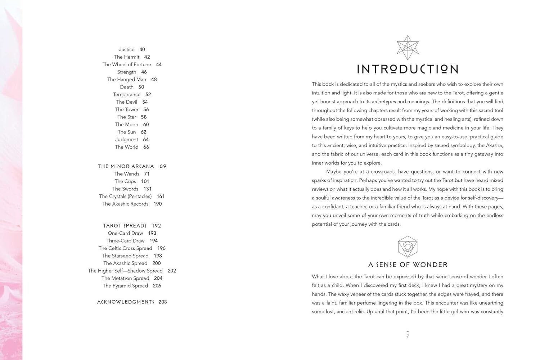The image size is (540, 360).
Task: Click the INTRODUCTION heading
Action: tap(408, 69)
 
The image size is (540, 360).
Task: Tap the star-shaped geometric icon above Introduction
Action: tap(408, 48)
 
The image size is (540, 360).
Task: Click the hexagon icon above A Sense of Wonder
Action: tap(408, 247)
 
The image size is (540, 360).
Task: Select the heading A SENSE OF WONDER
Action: tap(408, 265)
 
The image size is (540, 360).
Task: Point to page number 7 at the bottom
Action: tap(408, 336)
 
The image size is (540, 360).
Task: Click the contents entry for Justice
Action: tap(127, 50)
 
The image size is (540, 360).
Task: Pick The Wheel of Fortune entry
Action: tap(127, 64)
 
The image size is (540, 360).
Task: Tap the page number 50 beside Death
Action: tap(141, 87)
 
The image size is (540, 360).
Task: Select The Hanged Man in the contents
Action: tap(127, 80)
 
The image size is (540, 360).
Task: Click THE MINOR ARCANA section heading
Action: tap(126, 166)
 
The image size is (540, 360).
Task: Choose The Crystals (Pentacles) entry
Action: tap(125, 197)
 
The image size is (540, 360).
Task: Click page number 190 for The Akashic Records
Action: tap(158, 204)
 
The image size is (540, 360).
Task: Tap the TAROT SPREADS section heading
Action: tap(125, 226)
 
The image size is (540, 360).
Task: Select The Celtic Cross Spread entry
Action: tap(125, 248)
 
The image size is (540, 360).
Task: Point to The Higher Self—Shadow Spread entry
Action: tap(125, 271)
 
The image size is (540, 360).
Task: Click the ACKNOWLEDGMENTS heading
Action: tap(126, 302)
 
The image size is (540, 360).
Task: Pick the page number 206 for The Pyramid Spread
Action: tap(157, 286)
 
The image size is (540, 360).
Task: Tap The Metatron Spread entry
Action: tap(125, 278)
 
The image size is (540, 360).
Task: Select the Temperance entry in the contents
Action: tap(127, 95)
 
